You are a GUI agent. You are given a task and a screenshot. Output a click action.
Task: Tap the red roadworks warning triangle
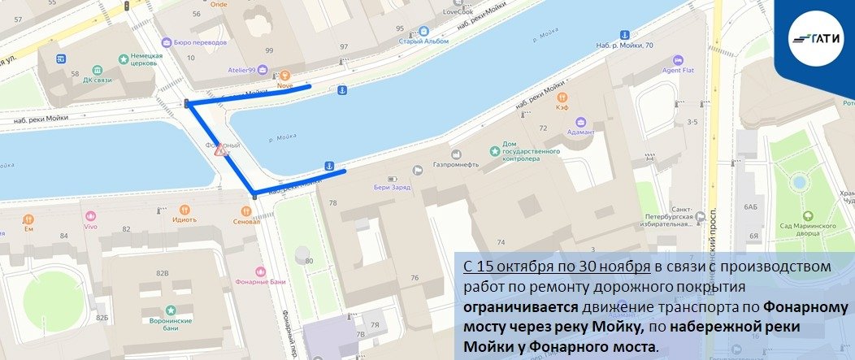coord(220,150)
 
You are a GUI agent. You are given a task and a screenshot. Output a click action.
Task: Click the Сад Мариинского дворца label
coord(808,229)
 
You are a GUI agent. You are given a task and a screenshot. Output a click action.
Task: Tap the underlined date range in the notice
coord(556,267)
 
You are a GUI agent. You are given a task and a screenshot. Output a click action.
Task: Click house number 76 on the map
coord(414,278)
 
